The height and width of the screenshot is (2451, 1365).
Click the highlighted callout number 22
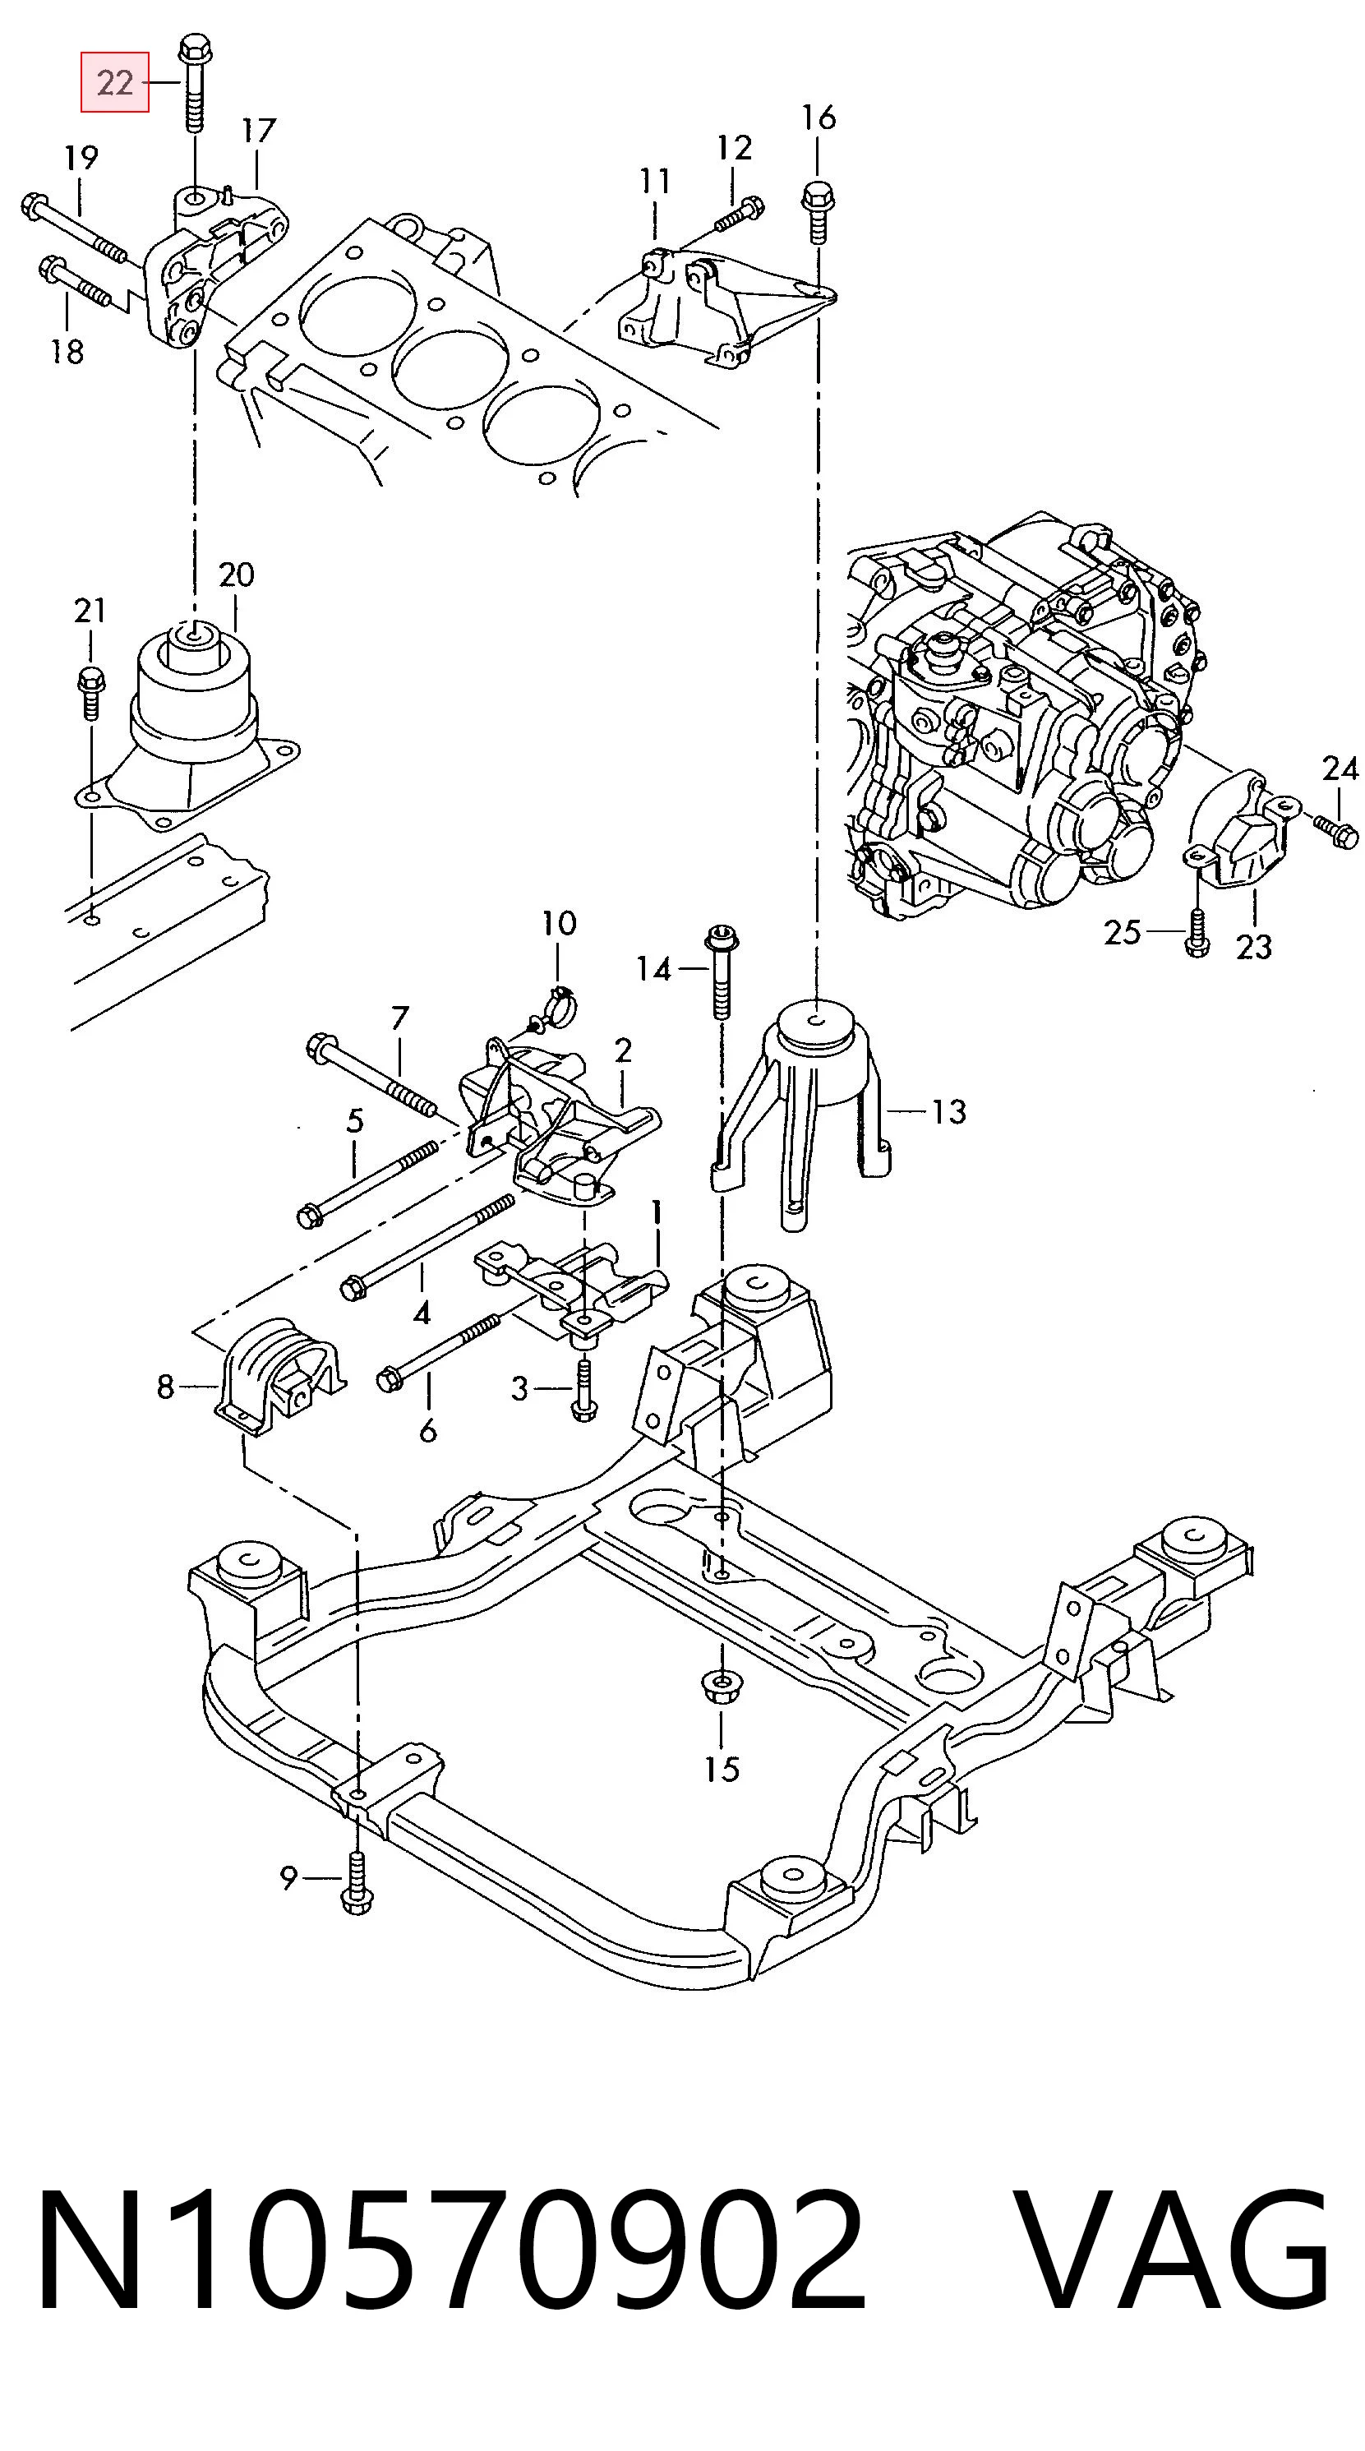coord(114,83)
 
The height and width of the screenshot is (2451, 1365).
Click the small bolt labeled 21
coord(90,693)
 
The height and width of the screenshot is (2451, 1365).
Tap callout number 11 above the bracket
coord(654,181)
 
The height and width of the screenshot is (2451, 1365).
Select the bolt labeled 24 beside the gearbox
coord(1335,828)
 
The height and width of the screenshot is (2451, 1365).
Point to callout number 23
coord(1254,947)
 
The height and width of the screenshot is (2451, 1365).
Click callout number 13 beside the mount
coord(948,1111)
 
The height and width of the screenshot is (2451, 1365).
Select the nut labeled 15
coord(721,1686)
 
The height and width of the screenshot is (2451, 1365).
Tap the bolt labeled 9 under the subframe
coord(357,1880)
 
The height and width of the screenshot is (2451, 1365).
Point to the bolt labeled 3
coord(583,1390)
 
